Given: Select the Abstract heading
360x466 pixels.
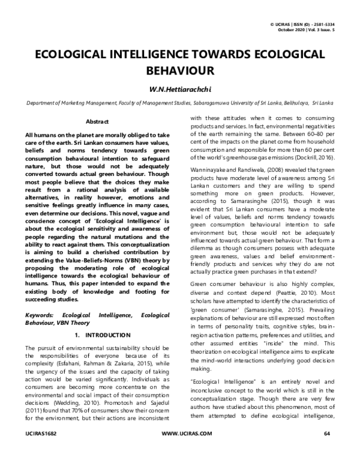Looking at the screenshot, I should [97, 121].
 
